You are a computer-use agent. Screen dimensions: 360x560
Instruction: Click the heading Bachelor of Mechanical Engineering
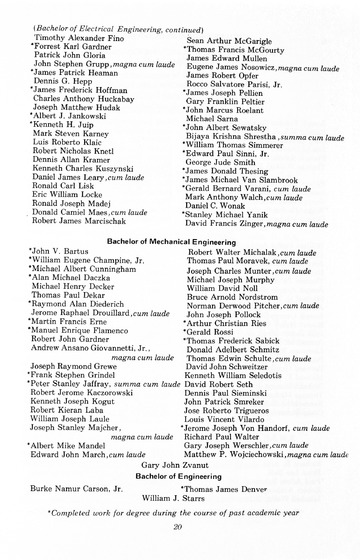pos(179,243)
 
